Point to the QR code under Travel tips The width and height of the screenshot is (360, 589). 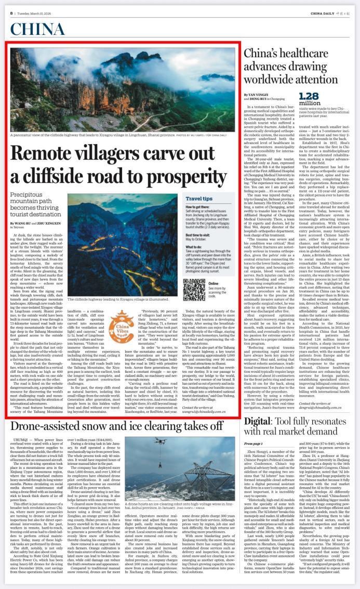pos(194,289)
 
